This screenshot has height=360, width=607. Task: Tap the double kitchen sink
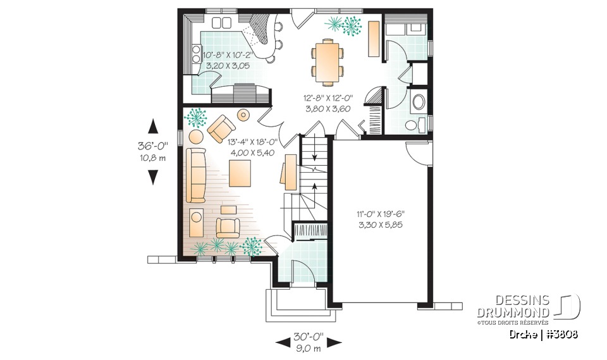[222, 23]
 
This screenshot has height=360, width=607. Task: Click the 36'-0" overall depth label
[152, 145]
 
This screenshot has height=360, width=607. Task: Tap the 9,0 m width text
[308, 348]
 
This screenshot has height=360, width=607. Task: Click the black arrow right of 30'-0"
[334, 342]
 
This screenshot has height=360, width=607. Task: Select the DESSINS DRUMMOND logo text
[513, 307]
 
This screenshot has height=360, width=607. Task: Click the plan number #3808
[561, 333]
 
